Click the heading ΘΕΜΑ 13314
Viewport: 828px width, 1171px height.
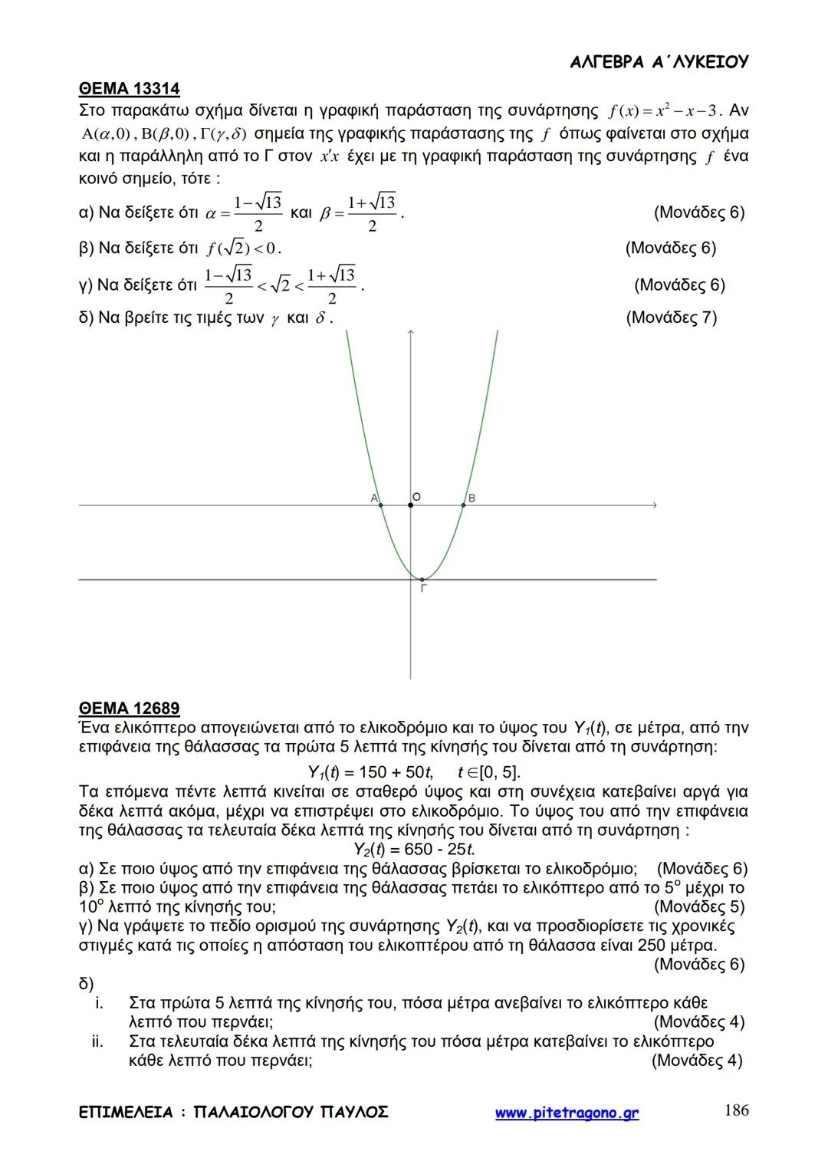click(129, 89)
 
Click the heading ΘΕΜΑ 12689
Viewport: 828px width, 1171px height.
click(129, 708)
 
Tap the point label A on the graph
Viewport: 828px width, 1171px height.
click(374, 498)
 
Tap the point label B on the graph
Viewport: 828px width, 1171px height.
click(472, 498)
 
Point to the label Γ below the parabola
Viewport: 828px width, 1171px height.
click(423, 589)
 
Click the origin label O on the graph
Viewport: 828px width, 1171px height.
click(416, 497)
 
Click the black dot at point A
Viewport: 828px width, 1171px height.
click(381, 505)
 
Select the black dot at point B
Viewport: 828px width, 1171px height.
click(463, 505)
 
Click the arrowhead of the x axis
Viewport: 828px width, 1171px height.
click(655, 505)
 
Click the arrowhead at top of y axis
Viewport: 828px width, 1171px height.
click(411, 333)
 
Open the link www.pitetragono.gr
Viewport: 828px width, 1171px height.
click(567, 1113)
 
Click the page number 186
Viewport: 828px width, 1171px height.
click(736, 1110)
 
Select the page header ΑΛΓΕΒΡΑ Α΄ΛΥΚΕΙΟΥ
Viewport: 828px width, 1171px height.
click(659, 63)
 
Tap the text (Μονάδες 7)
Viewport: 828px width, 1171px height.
click(671, 317)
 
